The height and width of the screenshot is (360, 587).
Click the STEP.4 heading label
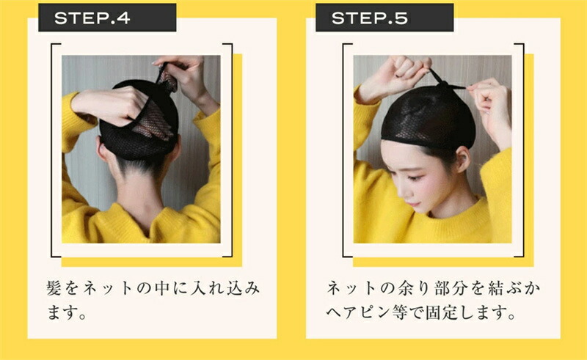click(92, 18)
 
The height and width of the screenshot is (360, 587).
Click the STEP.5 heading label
click(370, 18)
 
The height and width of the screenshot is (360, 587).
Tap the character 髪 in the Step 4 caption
click(54, 288)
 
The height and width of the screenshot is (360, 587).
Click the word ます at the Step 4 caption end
click(62, 312)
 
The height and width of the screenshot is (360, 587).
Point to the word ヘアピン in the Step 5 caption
click(358, 312)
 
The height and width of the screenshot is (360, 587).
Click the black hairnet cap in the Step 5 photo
click(429, 117)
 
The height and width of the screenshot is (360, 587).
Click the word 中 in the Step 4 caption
click(161, 288)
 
